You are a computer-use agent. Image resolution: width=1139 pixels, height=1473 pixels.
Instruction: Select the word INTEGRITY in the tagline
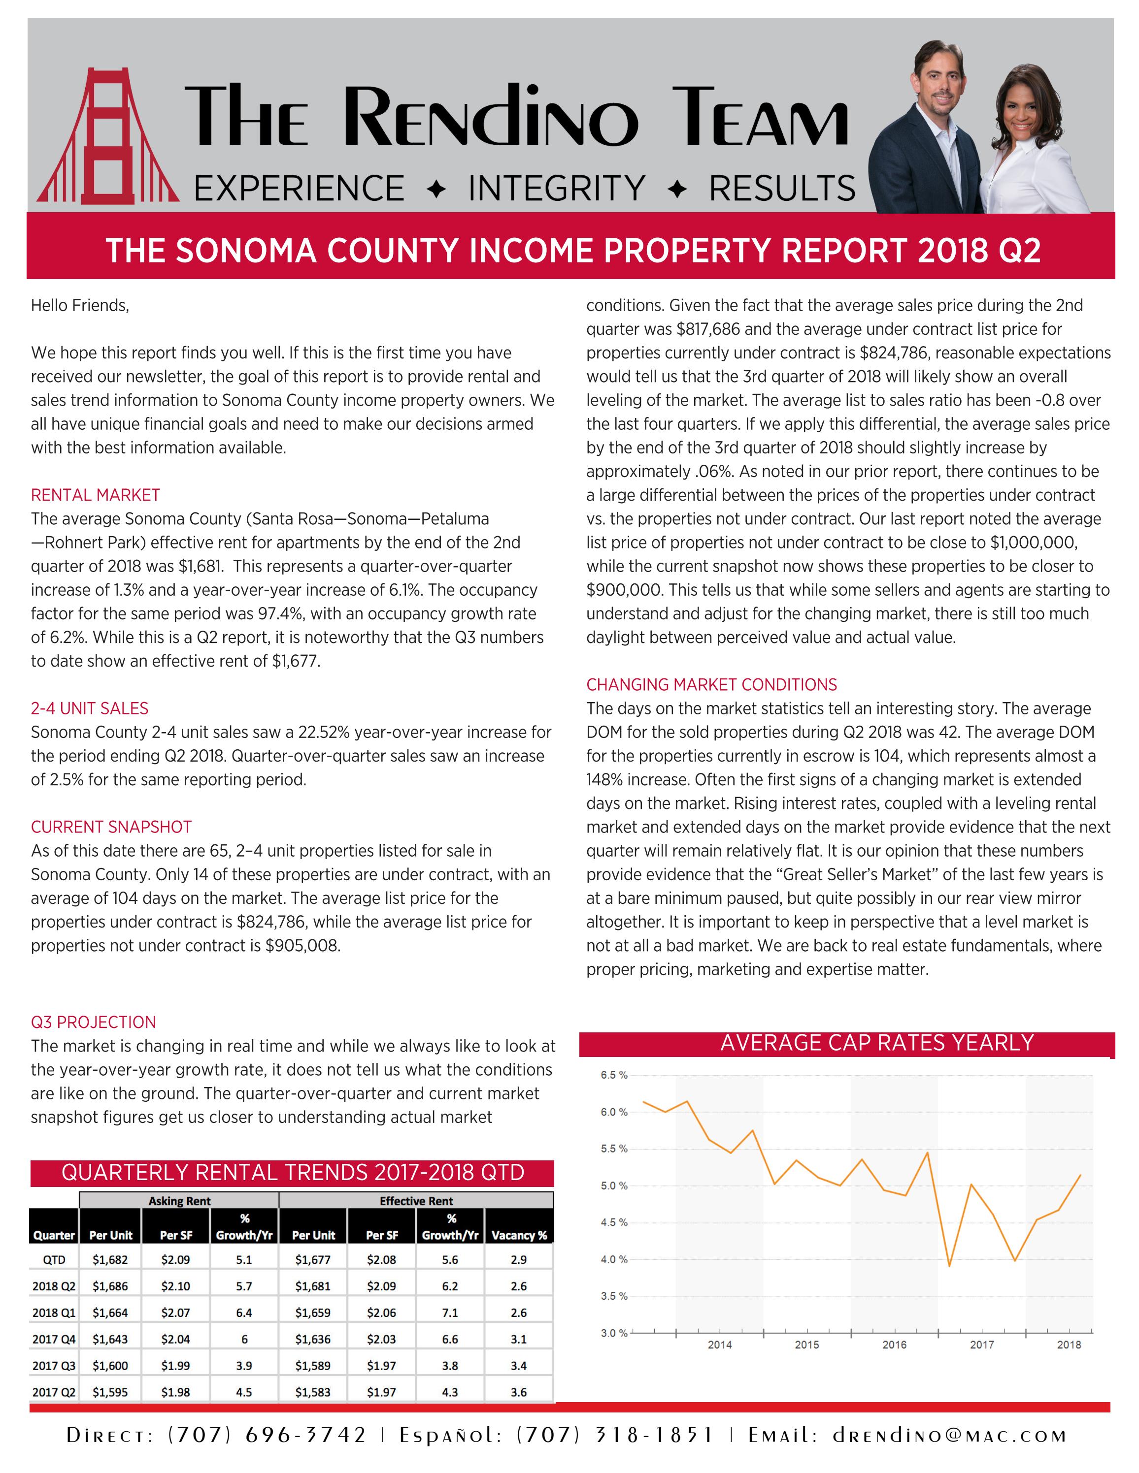pyautogui.click(x=557, y=188)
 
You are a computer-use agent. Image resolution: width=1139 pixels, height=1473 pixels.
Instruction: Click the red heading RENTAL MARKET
pyautogui.click(x=95, y=495)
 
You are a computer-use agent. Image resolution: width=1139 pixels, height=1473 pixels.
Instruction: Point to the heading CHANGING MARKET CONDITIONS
pyautogui.click(x=711, y=685)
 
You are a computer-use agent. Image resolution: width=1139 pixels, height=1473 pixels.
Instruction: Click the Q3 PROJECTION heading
pyautogui.click(x=93, y=1022)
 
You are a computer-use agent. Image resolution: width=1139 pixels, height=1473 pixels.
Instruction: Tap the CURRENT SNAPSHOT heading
pyautogui.click(x=111, y=827)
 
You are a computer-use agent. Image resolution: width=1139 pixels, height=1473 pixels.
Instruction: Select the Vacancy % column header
pyautogui.click(x=519, y=1235)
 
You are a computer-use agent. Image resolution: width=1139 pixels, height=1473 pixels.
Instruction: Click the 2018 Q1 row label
pyautogui.click(x=54, y=1313)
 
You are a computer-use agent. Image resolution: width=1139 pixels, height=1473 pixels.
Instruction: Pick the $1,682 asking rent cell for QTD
pyautogui.click(x=110, y=1259)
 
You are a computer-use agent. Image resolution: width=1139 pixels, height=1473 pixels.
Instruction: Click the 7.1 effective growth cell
pyautogui.click(x=450, y=1313)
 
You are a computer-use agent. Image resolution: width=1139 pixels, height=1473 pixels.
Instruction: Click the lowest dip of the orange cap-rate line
pyautogui.click(x=949, y=1265)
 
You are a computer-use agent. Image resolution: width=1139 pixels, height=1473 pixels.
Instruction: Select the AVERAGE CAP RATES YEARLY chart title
pyautogui.click(x=876, y=1043)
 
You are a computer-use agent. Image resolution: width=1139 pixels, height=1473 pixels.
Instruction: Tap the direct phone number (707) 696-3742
pyautogui.click(x=267, y=1435)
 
